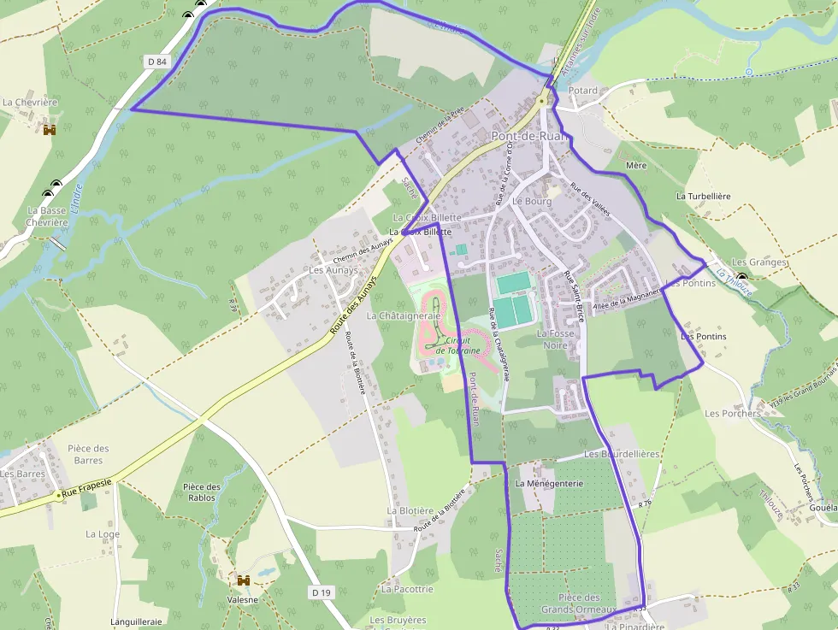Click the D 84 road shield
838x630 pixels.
156,62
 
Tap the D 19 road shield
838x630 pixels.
322,592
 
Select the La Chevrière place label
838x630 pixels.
30,103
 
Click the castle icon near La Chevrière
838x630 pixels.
50,129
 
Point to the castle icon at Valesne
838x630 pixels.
244,580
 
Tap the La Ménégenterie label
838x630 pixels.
549,483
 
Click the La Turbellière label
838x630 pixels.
703,196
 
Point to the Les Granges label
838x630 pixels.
758,262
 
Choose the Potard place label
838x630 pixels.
583,90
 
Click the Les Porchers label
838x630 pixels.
732,414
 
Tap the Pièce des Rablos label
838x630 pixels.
202,492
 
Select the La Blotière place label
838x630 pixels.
409,510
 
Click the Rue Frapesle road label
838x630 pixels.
85,484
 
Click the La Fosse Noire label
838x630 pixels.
552,339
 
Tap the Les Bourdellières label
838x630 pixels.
622,454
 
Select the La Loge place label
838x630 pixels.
103,534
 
